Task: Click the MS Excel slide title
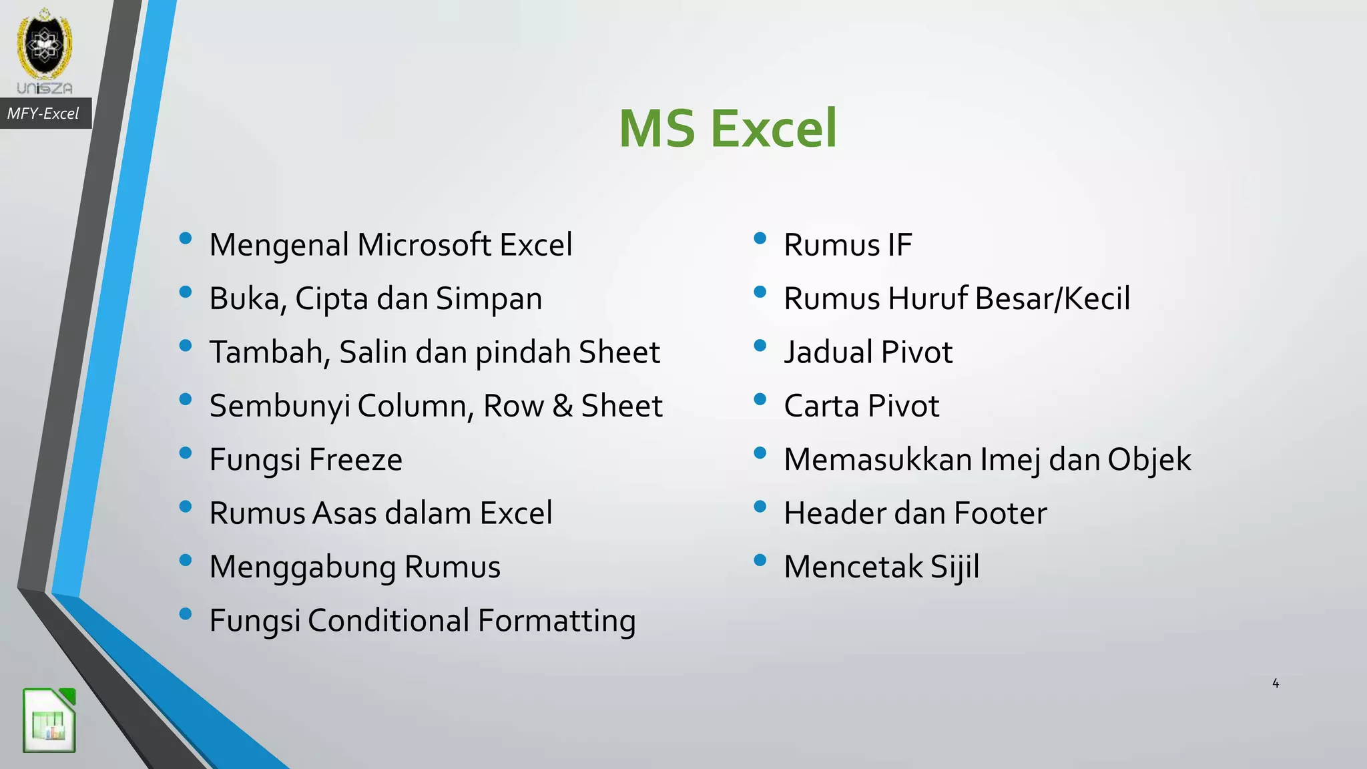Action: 727,128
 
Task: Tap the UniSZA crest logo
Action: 45,47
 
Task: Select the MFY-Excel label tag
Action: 43,113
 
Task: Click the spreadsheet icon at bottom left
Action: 49,720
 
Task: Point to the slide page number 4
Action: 1276,683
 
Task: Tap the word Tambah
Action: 266,352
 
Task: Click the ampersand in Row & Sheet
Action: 562,406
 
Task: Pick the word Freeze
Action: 356,459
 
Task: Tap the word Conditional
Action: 388,621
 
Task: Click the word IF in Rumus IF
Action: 899,245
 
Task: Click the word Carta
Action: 820,406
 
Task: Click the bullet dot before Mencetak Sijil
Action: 760,560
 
